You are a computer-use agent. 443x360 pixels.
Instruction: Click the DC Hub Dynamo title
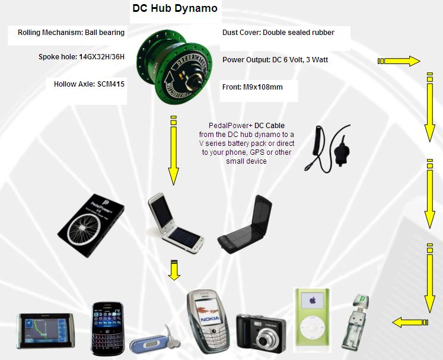pos(174,9)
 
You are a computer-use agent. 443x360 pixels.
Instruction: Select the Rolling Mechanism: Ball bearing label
pos(71,33)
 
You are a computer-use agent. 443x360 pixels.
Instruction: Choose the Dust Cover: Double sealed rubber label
pos(278,33)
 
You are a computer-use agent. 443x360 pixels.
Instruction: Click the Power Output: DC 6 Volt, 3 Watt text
pos(275,60)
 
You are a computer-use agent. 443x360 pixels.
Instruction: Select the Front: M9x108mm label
pos(252,87)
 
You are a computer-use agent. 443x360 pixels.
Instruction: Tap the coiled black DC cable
pos(328,149)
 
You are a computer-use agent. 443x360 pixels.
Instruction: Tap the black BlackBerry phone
pos(108,326)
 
